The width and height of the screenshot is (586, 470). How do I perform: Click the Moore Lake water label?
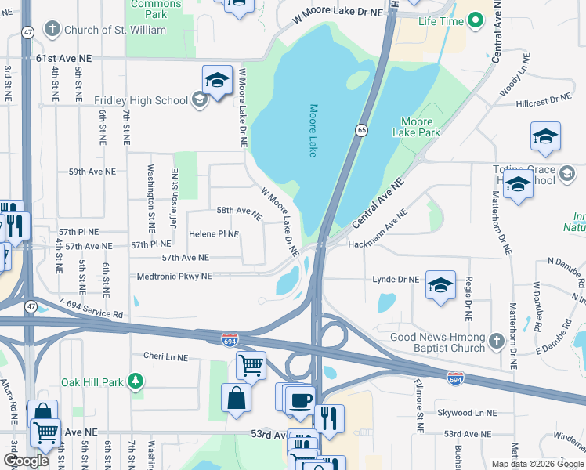(313, 131)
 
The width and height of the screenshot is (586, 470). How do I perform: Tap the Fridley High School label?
(141, 100)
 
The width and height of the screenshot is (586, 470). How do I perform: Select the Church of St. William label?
(116, 30)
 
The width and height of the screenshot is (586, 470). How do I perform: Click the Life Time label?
(441, 21)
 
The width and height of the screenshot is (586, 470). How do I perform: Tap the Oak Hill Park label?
(92, 382)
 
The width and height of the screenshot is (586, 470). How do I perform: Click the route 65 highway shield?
(361, 131)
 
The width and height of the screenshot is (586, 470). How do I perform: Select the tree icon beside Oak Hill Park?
(136, 381)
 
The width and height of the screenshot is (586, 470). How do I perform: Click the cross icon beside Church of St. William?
(52, 30)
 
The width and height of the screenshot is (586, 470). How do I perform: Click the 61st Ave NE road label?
(63, 59)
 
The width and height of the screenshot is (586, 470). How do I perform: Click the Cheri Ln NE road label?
(165, 356)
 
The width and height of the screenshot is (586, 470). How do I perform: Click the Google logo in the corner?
(26, 460)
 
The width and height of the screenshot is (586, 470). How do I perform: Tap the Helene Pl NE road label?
(213, 233)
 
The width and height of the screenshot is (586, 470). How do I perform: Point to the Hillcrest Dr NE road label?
(544, 99)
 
